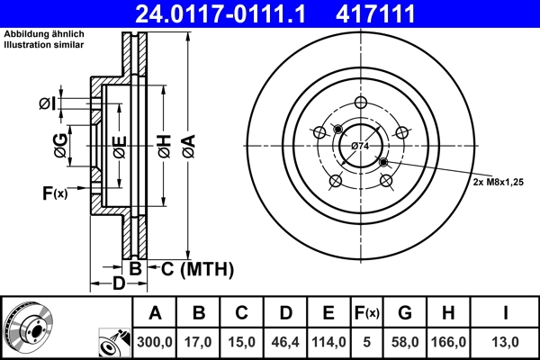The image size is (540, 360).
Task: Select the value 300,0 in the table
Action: point(155,342)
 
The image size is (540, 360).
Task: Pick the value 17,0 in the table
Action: point(199,342)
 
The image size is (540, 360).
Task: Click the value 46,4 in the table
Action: point(285,342)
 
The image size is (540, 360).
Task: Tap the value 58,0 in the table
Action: point(405,342)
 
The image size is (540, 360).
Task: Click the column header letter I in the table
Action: point(505,313)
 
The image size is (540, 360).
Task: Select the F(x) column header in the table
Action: point(366,313)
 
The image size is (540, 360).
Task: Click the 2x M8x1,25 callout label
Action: point(499,181)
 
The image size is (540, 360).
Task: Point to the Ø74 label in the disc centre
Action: point(360,146)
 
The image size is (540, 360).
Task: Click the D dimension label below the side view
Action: point(119,283)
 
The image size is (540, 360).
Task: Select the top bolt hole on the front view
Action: point(360,102)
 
